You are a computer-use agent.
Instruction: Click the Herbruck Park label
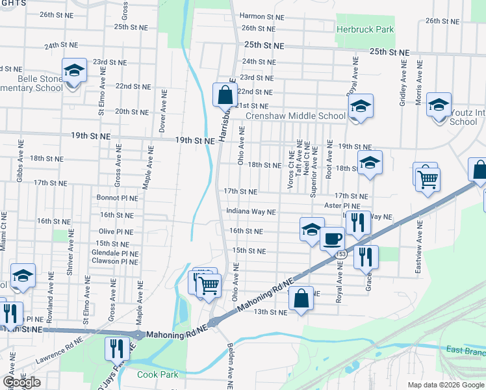pyautogui.click(x=365, y=29)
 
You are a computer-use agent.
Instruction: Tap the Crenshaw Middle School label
pyautogui.click(x=295, y=116)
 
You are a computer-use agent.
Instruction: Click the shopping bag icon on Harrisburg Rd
pyautogui.click(x=224, y=94)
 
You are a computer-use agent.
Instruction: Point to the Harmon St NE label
pyautogui.click(x=262, y=16)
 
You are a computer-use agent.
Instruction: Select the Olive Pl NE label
pyautogui.click(x=116, y=231)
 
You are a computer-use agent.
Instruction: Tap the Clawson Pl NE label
pyautogui.click(x=115, y=261)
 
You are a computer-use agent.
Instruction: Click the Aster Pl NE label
pyautogui.click(x=342, y=205)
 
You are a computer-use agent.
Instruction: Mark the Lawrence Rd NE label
pyautogui.click(x=60, y=349)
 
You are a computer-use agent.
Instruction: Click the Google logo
pyautogui.click(x=21, y=382)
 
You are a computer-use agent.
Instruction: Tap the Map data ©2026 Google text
pyautogui.click(x=445, y=385)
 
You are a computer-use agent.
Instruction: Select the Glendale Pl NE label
pyautogui.click(x=115, y=253)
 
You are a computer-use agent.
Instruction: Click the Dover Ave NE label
pyautogui.click(x=162, y=112)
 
